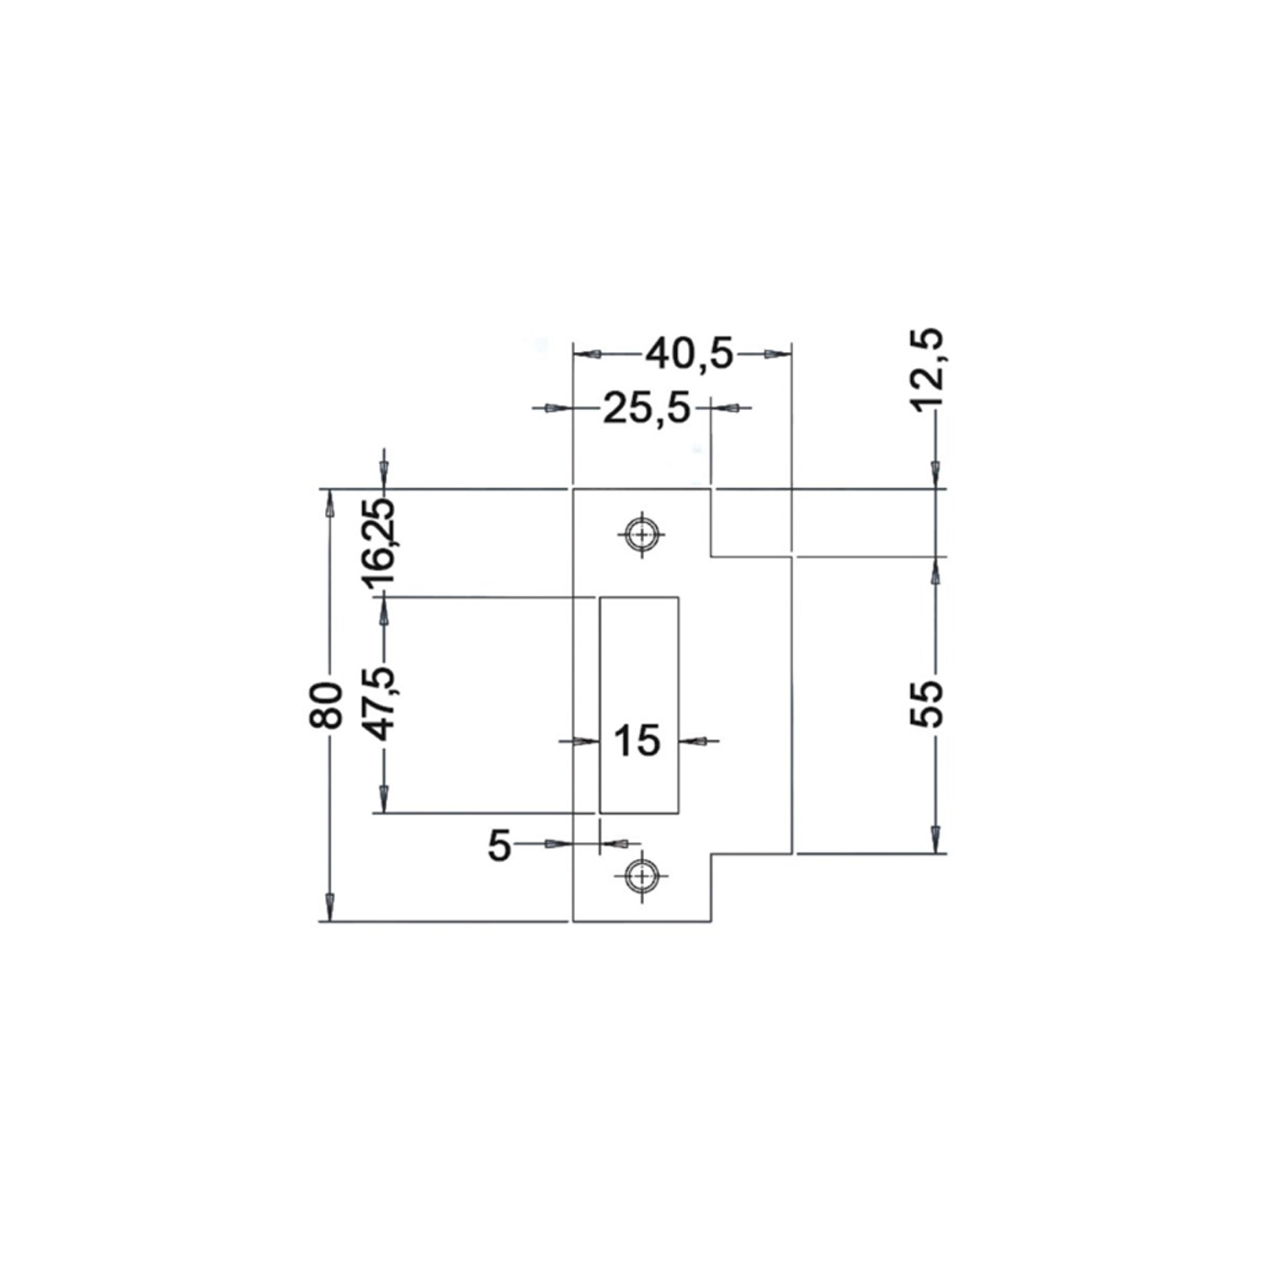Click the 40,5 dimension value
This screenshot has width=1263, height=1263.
pyautogui.click(x=690, y=354)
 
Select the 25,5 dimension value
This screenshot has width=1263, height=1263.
pyautogui.click(x=647, y=410)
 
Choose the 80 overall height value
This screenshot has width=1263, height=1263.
pyautogui.click(x=326, y=706)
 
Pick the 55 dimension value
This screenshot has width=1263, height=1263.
pyautogui.click(x=929, y=703)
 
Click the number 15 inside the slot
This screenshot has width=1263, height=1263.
pyautogui.click(x=637, y=741)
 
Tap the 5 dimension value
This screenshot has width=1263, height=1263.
pyautogui.click(x=499, y=846)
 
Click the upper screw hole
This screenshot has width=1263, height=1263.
pyautogui.click(x=642, y=534)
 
